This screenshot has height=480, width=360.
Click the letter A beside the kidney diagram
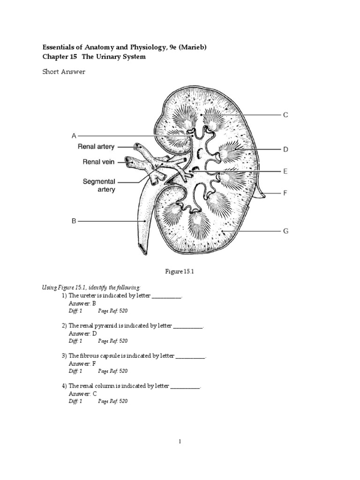click(x=74, y=136)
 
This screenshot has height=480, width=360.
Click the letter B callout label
click(x=74, y=221)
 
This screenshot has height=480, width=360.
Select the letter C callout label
click(x=285, y=115)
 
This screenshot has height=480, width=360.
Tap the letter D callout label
click(x=285, y=150)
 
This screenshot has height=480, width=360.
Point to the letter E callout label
click(x=285, y=172)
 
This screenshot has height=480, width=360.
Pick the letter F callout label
click(x=285, y=193)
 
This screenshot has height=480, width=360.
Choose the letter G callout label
click(x=285, y=231)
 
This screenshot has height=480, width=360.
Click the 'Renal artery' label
click(x=96, y=147)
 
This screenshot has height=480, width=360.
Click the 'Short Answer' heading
click(x=64, y=72)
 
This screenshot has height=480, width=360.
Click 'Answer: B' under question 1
click(x=82, y=303)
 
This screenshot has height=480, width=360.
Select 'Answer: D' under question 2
click(x=82, y=333)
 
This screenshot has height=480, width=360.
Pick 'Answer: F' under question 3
click(x=82, y=363)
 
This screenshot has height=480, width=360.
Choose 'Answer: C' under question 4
click(x=82, y=393)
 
